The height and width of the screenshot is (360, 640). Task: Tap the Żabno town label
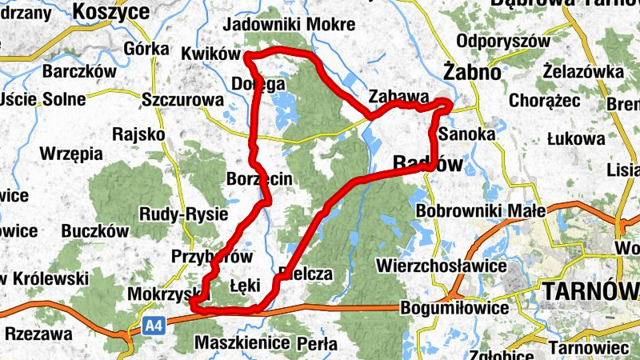click(x=473, y=73)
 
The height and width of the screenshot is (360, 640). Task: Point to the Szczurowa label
click(x=182, y=100)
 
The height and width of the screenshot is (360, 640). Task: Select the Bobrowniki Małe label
click(x=480, y=210)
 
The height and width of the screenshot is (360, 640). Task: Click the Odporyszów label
click(x=502, y=41)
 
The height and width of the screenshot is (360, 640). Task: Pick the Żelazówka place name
click(x=582, y=73)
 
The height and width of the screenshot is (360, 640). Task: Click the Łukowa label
click(x=576, y=138)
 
